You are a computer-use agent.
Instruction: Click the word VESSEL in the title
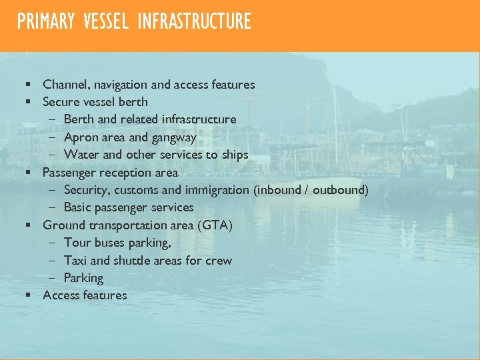[106, 22]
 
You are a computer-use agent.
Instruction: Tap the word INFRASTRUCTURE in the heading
[194, 22]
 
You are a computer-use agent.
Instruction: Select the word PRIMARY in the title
[46, 22]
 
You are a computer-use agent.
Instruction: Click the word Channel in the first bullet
[65, 85]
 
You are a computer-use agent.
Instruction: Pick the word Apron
[79, 137]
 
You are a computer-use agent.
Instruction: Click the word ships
[235, 155]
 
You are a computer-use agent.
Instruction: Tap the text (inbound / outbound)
[311, 190]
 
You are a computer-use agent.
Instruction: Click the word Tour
[77, 243]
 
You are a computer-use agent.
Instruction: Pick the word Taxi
[75, 260]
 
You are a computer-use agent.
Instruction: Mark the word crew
[219, 260]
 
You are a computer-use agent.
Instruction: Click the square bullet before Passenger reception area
[29, 173]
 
